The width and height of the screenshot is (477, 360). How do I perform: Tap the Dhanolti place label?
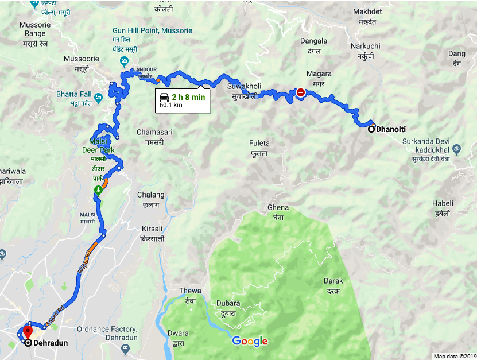click(395, 130)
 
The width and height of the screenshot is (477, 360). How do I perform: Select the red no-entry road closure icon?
click(301, 92)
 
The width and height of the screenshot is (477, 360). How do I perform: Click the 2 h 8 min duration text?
click(188, 97)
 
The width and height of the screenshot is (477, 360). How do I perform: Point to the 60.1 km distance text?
click(171, 106)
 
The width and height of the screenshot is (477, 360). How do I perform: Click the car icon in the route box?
click(164, 97)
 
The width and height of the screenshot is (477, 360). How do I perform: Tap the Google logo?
click(250, 342)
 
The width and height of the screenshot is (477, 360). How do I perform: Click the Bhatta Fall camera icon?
click(99, 96)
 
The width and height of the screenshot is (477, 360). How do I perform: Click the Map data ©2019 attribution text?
click(454, 356)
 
